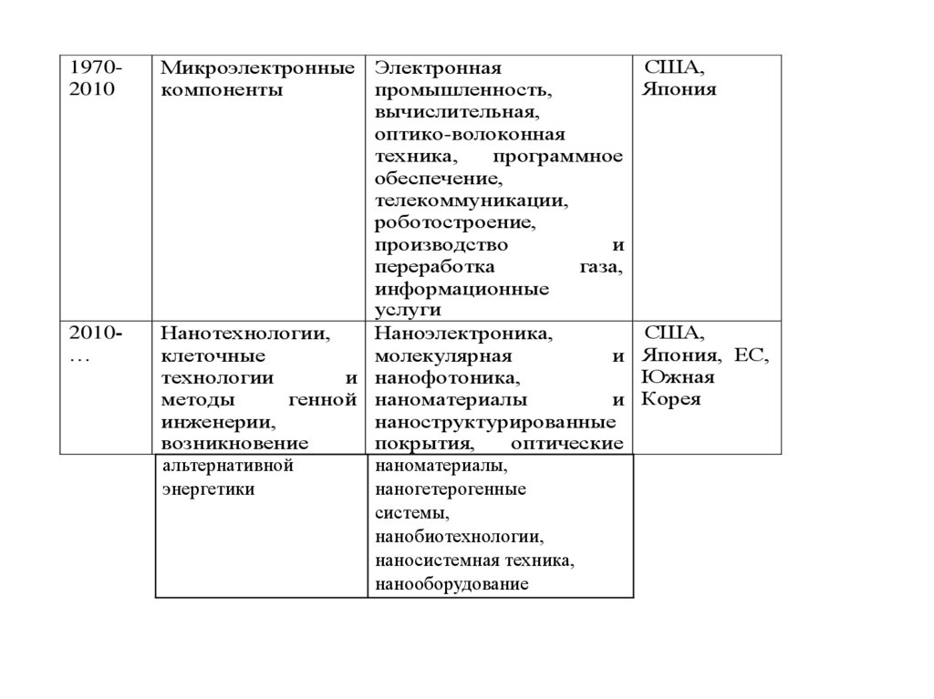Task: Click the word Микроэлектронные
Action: [257, 69]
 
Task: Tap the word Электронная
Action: [441, 69]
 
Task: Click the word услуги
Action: [401, 311]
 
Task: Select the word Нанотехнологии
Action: [244, 334]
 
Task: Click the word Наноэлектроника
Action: [462, 334]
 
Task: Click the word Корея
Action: [671, 400]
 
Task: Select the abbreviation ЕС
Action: [752, 356]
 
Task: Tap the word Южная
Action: [678, 378]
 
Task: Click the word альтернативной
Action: [226, 467]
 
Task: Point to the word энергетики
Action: [208, 489]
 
